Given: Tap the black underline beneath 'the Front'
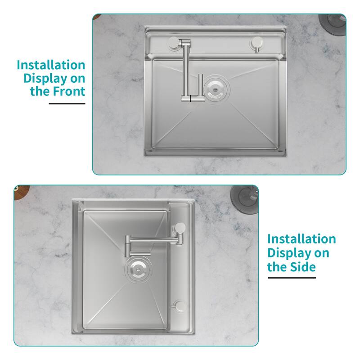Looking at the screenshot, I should pyautogui.click(x=67, y=104).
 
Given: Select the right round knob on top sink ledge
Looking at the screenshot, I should pyautogui.click(x=257, y=43).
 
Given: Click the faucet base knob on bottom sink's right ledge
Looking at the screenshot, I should pyautogui.click(x=180, y=227).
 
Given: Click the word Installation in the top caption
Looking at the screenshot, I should pyautogui.click(x=51, y=65).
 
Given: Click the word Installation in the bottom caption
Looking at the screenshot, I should pyautogui.click(x=301, y=238).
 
